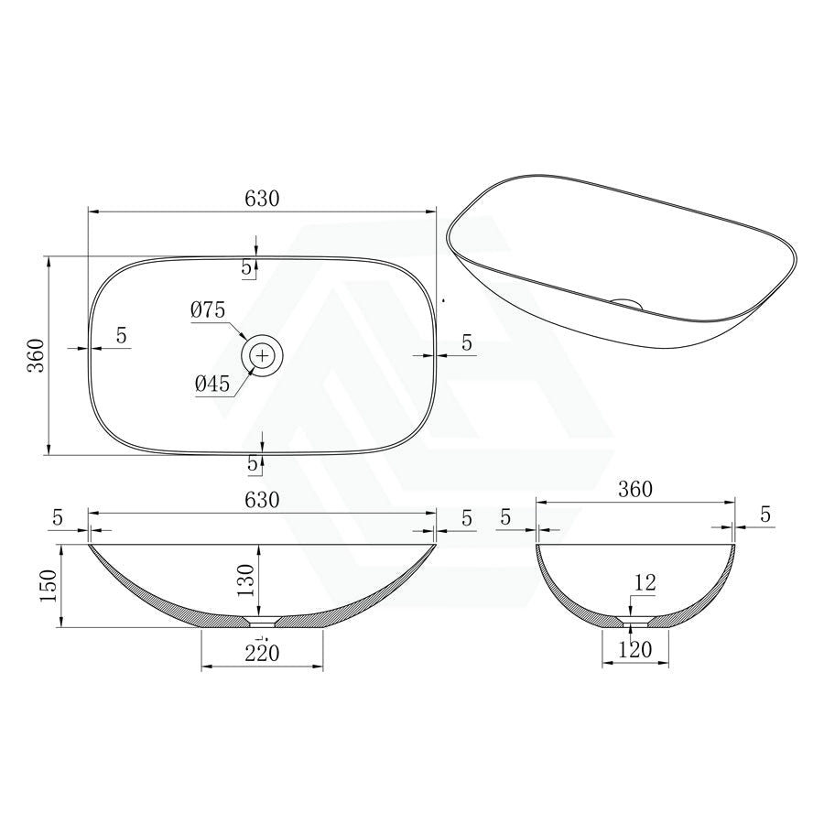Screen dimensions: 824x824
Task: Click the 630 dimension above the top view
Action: [x=262, y=199]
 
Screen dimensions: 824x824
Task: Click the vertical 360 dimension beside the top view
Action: [x=37, y=356]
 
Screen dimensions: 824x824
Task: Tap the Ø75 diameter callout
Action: [x=208, y=310]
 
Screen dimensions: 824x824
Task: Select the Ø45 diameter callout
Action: [x=212, y=385]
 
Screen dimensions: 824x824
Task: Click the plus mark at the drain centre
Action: [x=262, y=356]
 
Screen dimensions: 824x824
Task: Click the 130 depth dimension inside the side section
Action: [x=245, y=580]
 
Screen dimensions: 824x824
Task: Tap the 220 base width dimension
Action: [x=262, y=653]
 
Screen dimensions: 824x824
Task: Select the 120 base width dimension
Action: [x=634, y=650]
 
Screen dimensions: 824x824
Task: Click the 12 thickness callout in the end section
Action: [x=645, y=582]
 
